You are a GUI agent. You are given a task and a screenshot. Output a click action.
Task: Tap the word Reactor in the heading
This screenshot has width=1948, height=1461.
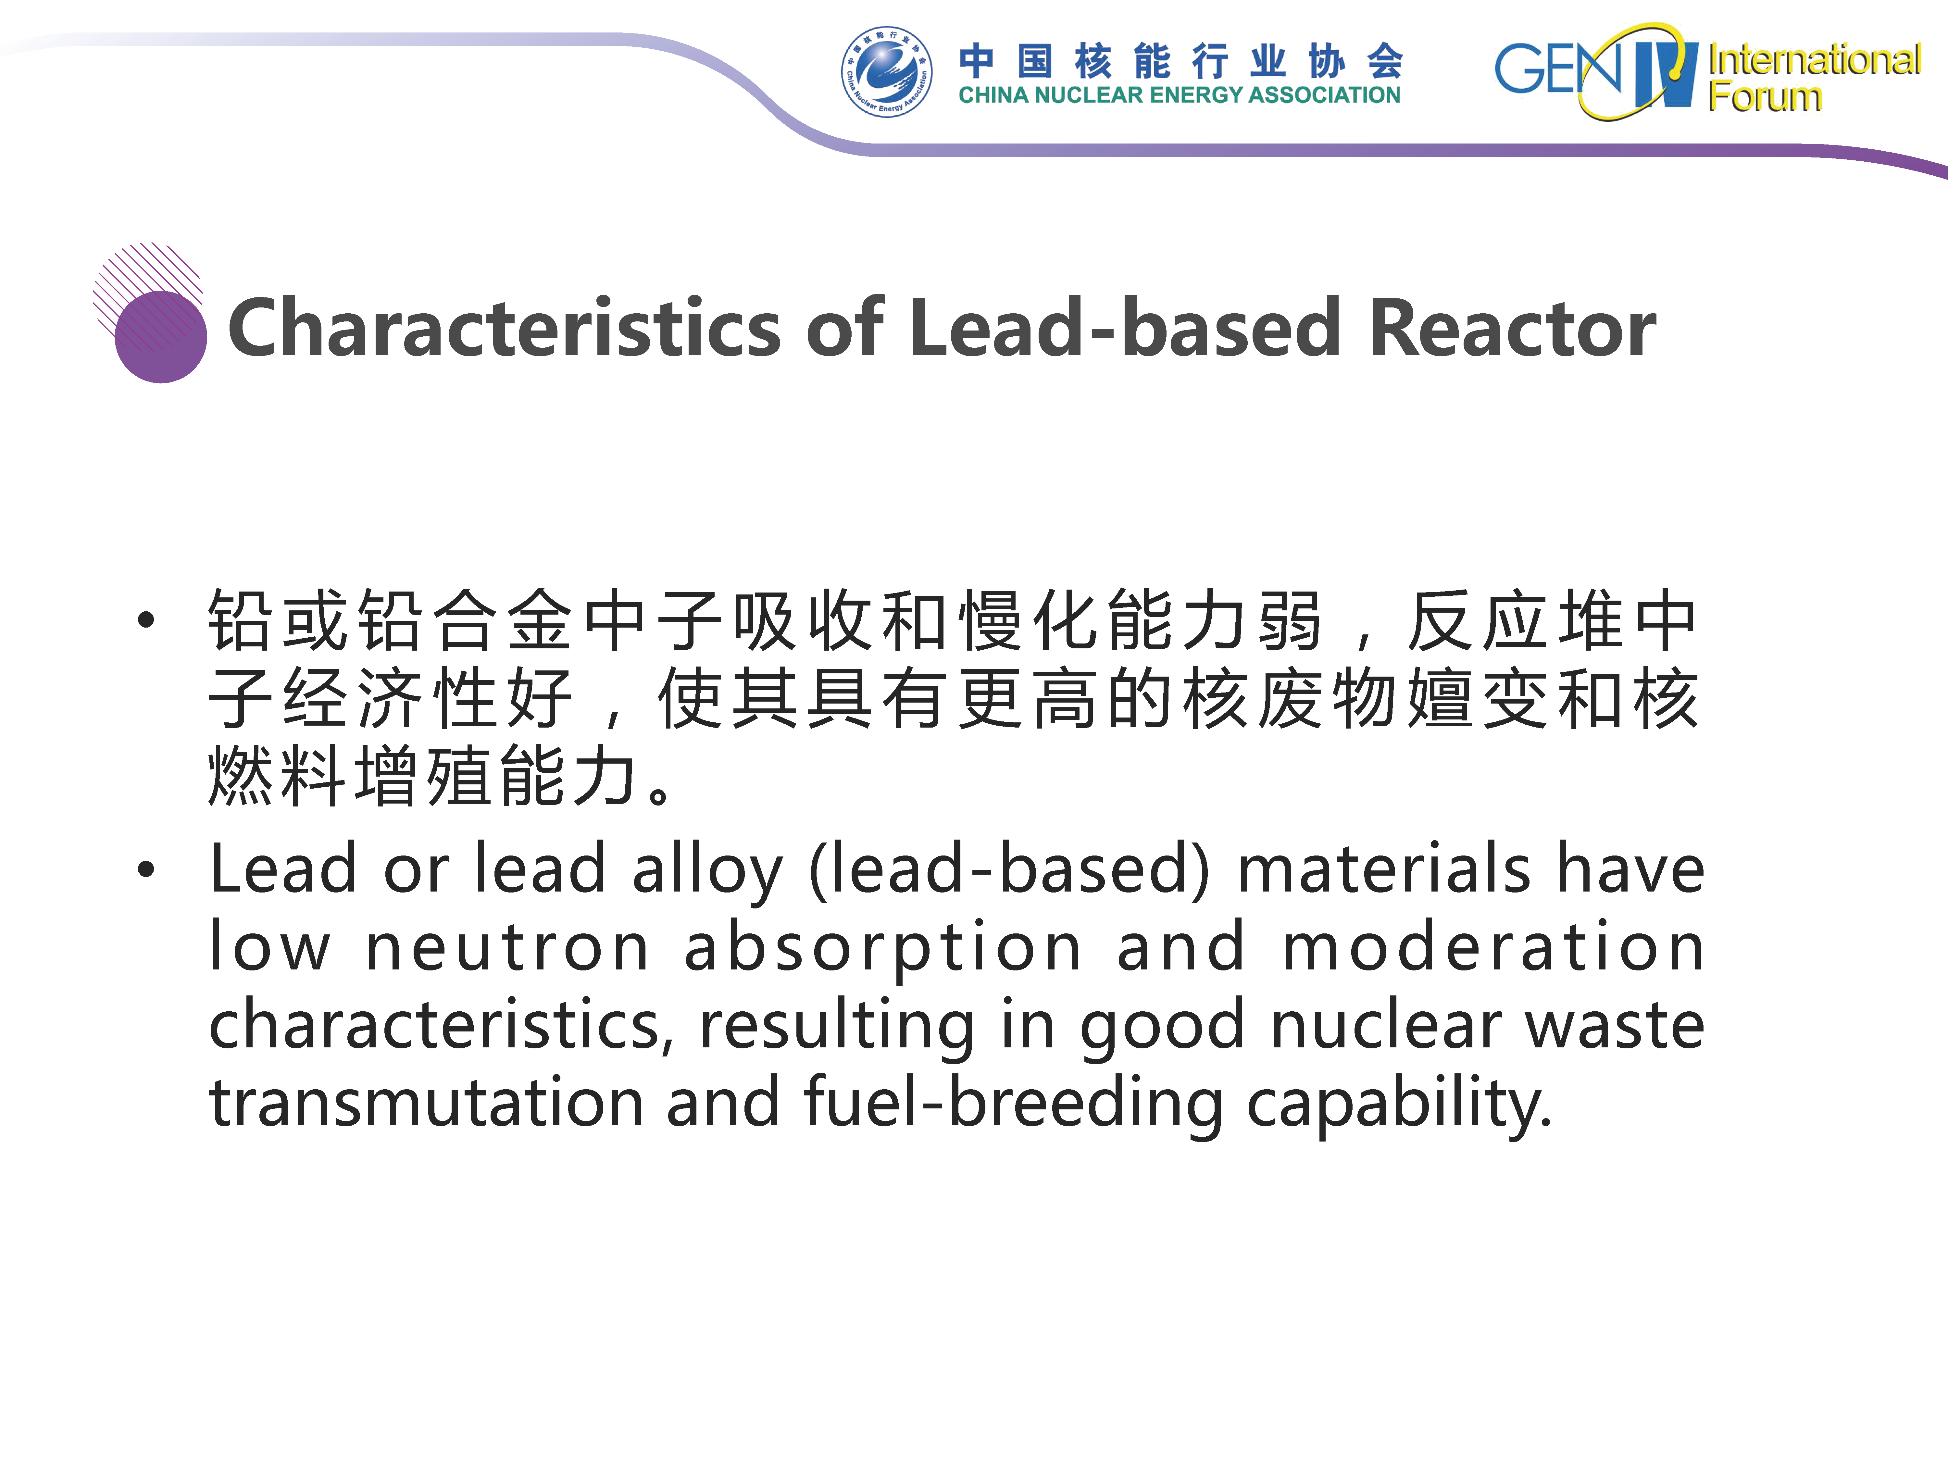pos(1512,328)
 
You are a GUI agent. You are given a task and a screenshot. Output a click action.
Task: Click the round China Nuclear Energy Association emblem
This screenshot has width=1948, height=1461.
pos(886,71)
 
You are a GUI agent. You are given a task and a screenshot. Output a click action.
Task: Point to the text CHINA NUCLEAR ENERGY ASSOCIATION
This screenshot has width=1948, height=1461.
pos(1179,95)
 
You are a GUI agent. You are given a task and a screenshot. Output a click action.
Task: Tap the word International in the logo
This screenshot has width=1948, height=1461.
pos(1814,60)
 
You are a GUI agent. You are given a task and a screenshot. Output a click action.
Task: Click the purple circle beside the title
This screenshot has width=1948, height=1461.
pos(161,336)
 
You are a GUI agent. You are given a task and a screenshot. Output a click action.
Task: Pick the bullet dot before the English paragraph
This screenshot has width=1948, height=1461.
pos(146,870)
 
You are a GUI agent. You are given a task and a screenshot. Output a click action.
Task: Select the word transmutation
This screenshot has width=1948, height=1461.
pos(426,1103)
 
